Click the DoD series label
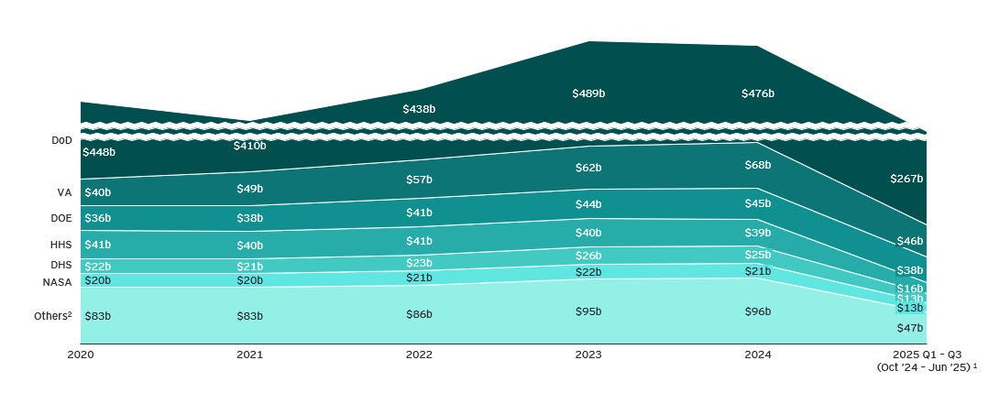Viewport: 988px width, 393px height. [x=61, y=141]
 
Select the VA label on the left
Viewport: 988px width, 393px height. [x=64, y=193]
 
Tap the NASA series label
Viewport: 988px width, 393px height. [x=57, y=282]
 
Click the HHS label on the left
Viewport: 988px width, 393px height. [x=61, y=245]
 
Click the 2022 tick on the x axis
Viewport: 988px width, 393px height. [x=418, y=355]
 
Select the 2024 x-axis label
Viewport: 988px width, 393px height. [x=757, y=355]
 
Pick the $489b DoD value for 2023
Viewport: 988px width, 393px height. [x=588, y=93]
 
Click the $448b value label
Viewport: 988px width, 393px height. [x=99, y=152]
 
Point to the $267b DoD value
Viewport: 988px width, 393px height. [x=906, y=180]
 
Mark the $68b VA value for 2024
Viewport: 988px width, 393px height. [x=757, y=166]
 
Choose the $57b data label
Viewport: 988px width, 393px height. [x=419, y=180]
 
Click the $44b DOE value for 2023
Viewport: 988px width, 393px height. [x=588, y=204]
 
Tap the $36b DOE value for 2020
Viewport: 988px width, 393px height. [x=97, y=218]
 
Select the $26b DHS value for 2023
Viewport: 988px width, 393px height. [x=588, y=256]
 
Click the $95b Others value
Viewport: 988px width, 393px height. [x=588, y=311]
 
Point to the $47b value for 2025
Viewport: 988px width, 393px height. [x=909, y=328]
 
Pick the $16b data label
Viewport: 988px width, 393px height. [x=909, y=288]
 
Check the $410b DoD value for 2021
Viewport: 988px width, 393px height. [x=249, y=146]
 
